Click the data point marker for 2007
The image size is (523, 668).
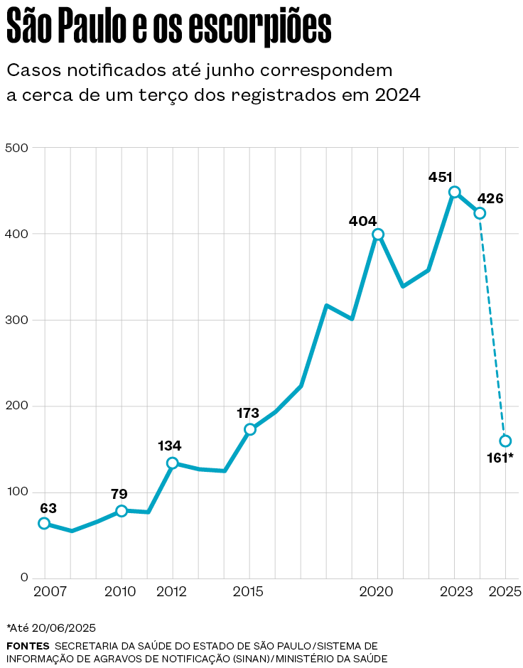tap(44, 524)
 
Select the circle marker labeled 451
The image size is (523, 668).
tap(455, 192)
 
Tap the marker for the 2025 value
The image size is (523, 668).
tap(505, 441)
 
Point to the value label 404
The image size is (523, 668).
tap(362, 221)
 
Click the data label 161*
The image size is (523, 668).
tap(500, 458)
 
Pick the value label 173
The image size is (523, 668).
tap(248, 413)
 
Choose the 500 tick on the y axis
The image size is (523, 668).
tap(16, 148)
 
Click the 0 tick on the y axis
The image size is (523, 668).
tap(24, 578)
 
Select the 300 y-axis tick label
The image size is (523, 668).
tap(16, 320)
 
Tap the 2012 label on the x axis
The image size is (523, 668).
tap(173, 592)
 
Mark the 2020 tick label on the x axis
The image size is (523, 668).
tap(377, 592)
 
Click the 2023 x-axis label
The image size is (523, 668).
tap(455, 592)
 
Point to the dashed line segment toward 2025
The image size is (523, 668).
tap(492, 327)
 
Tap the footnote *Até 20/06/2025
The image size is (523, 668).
tap(51, 627)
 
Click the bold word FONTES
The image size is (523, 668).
tap(28, 646)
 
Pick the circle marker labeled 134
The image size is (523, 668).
tap(172, 463)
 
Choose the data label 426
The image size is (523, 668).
tap(490, 198)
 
